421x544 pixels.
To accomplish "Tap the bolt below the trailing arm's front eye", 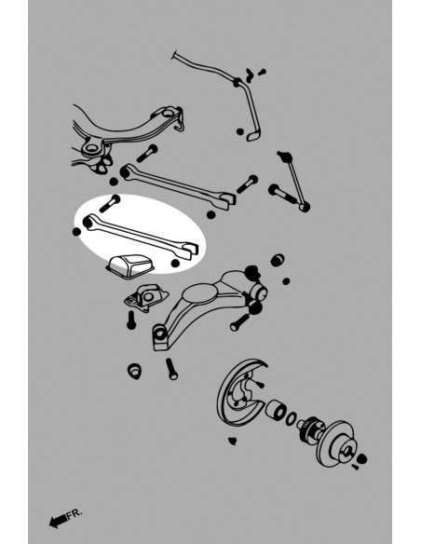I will point(171,367).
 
